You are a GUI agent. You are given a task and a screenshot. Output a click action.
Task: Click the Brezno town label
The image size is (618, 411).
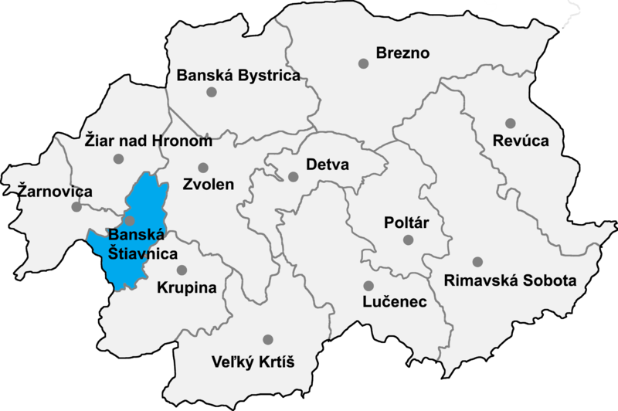(402, 53)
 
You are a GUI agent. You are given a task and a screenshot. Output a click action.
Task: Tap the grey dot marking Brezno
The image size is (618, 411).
(363, 63)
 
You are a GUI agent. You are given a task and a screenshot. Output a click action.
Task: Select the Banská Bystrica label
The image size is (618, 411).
(238, 76)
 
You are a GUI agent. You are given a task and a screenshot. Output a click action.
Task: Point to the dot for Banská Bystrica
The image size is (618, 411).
(211, 92)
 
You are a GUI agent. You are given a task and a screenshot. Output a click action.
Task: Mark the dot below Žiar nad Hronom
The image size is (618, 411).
(118, 159)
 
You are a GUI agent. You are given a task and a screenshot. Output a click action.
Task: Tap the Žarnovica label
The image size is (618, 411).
(46, 191)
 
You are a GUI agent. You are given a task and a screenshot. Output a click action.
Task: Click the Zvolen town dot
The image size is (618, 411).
(203, 168)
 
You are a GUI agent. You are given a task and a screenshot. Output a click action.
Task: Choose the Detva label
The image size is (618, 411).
(328, 165)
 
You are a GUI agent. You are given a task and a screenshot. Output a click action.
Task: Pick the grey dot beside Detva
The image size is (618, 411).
(294, 176)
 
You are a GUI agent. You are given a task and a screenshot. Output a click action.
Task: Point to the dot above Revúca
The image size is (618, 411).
(510, 123)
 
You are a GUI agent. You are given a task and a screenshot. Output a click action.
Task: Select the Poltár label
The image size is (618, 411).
(406, 223)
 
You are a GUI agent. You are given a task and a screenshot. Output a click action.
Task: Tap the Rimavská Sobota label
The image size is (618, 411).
(510, 280)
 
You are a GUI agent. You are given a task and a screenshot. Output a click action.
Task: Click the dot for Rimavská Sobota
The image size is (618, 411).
(478, 262)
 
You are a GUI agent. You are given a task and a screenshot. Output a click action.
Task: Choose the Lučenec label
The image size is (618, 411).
(395, 302)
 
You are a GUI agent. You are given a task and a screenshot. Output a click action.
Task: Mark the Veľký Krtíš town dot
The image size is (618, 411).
(268, 339)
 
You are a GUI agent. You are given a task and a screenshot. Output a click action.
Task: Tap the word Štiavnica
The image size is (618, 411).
(142, 253)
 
